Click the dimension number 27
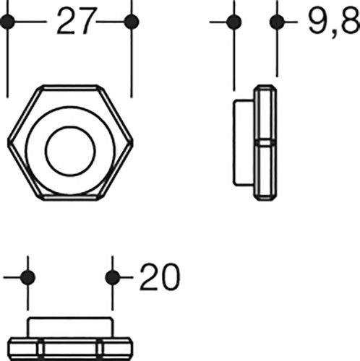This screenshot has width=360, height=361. (77, 21)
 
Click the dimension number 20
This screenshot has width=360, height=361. (160, 277)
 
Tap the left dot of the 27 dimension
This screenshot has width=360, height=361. (7, 22)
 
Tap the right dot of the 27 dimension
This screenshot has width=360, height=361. (132, 22)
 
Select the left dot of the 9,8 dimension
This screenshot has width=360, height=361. (234, 22)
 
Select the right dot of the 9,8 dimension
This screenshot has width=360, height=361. (277, 22)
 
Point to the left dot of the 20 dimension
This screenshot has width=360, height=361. (27, 277)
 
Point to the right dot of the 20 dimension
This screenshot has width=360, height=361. (113, 277)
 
